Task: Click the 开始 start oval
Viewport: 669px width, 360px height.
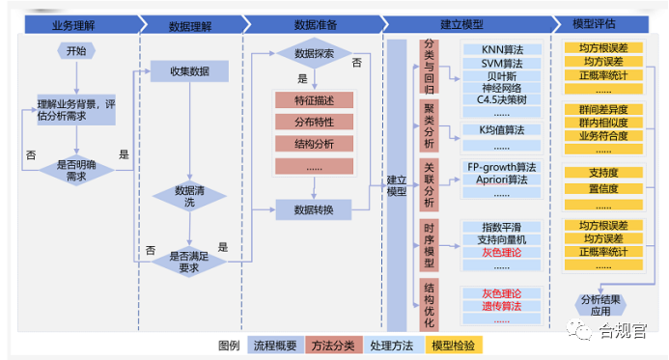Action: pyautogui.click(x=76, y=50)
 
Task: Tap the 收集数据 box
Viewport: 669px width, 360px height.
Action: pyautogui.click(x=189, y=70)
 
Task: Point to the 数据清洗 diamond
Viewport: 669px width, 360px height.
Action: pyautogui.click(x=189, y=196)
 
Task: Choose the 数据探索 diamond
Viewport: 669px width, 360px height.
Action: pyautogui.click(x=313, y=52)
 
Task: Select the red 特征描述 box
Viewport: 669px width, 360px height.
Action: pyautogui.click(x=313, y=99)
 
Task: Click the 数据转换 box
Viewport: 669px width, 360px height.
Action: pyautogui.click(x=313, y=209)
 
